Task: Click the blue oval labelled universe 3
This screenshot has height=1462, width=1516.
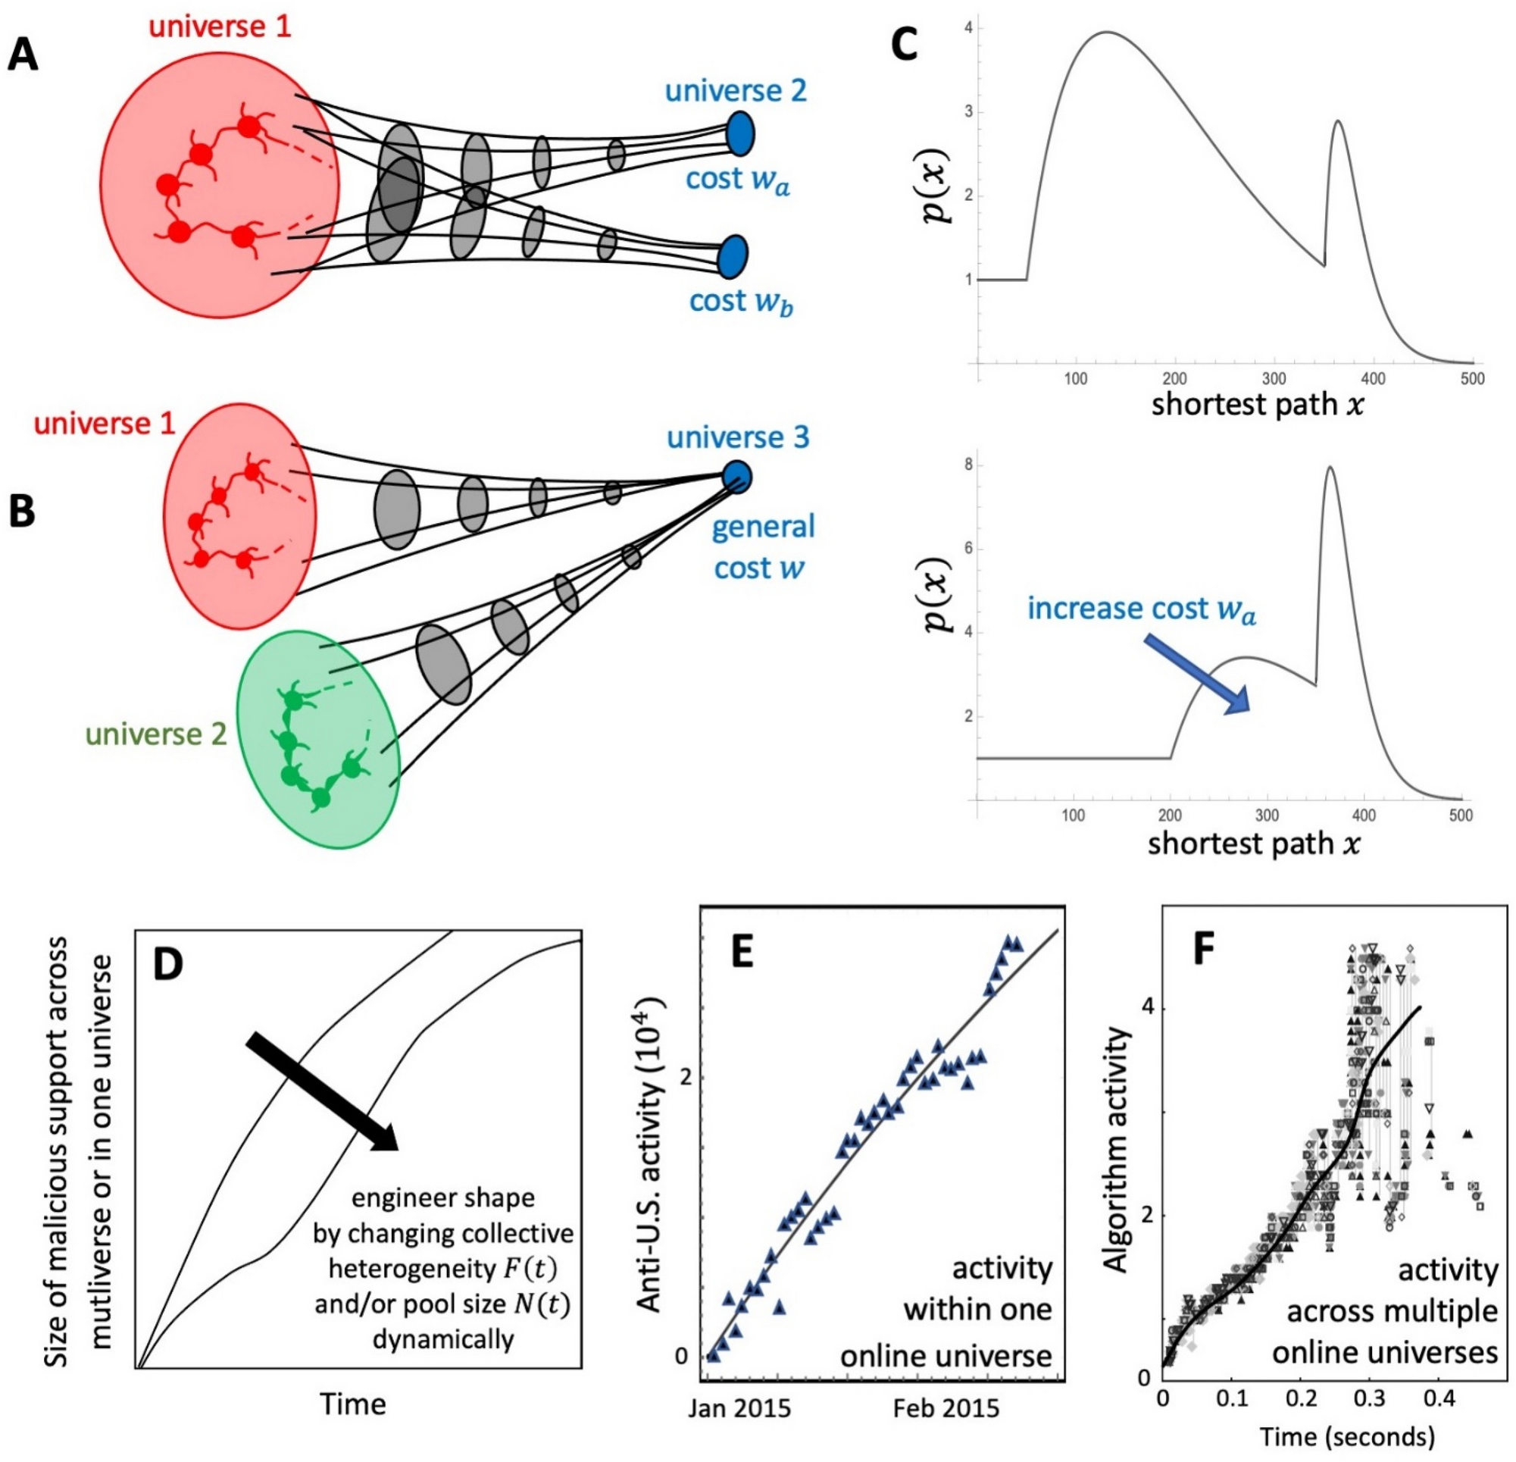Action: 736,477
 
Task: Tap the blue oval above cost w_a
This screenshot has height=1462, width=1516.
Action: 740,133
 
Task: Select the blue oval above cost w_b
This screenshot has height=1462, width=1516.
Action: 731,257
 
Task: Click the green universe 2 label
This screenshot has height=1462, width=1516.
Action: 156,733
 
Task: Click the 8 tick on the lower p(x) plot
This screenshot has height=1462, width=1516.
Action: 968,465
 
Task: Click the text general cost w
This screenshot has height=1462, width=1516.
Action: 761,547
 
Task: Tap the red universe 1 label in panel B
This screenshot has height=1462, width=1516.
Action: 104,424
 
